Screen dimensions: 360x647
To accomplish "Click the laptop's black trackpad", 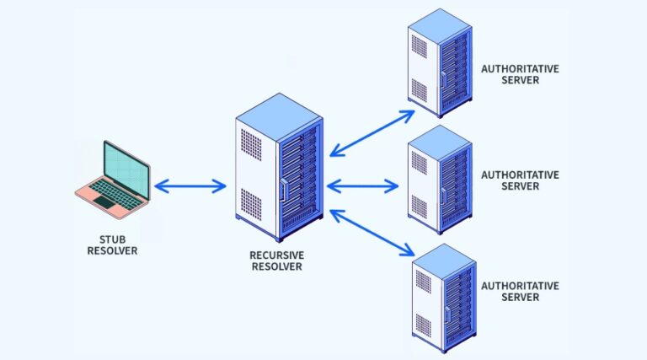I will click(104, 202).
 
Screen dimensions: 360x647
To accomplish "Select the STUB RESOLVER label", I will click(111, 245).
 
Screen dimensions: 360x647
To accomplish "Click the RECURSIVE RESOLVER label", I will click(276, 261).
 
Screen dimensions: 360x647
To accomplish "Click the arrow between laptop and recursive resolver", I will click(190, 185).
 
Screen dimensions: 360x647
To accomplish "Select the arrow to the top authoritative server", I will click(372, 132).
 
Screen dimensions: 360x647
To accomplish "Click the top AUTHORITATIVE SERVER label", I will click(519, 74).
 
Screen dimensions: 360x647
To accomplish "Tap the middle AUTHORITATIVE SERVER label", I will click(519, 180).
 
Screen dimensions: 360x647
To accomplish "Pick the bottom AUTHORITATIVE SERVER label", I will click(519, 292).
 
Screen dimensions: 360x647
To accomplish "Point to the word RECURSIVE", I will click(276, 255).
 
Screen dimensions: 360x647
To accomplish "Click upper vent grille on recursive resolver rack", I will click(251, 141).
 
